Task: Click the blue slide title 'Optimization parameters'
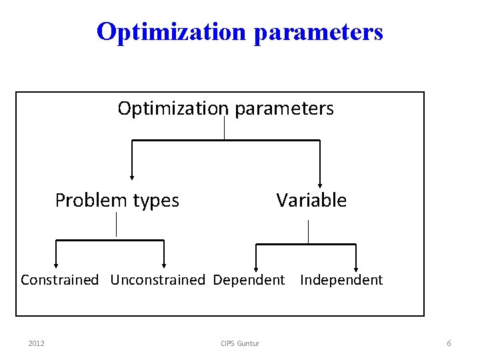pos(239,31)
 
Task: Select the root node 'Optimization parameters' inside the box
pos(225,108)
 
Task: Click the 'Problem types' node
pos(117,200)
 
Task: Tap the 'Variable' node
pos(311,200)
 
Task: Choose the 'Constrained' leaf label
pos(59,280)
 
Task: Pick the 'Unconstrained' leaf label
pos(157,280)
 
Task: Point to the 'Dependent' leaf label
pos(249,280)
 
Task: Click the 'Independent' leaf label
pos(341,280)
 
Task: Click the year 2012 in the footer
pos(37,343)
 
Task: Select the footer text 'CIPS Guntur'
pos(240,343)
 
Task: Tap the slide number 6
pos(449,343)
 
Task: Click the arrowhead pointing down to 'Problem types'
pos(132,177)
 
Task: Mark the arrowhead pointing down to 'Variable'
pos(321,185)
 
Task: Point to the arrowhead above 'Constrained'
pos(56,265)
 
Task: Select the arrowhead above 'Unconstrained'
pos(164,265)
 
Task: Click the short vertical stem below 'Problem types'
pos(117,225)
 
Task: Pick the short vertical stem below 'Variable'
pos(308,231)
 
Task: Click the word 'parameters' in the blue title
pos(318,31)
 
